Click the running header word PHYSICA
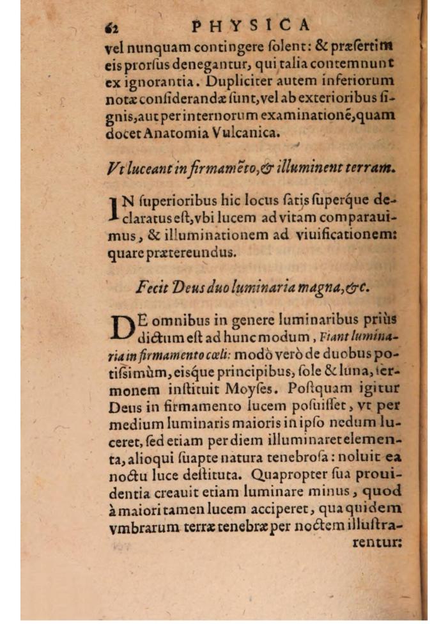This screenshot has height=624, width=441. pyautogui.click(x=251, y=25)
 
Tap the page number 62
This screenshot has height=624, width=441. pyautogui.click(x=113, y=26)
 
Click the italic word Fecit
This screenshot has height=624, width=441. pyautogui.click(x=151, y=287)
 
